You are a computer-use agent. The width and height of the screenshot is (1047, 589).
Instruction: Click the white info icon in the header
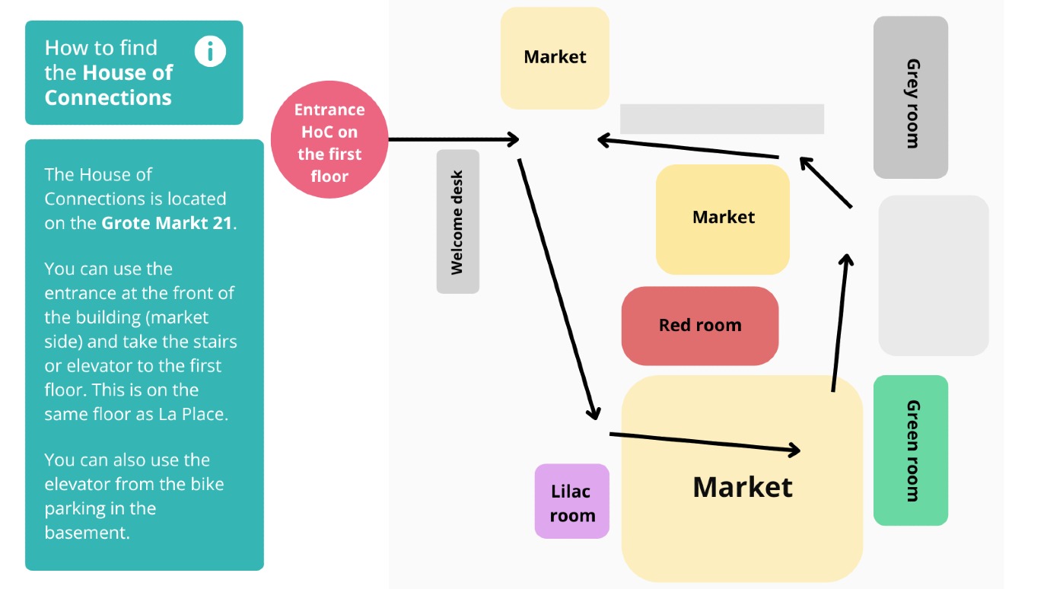(x=210, y=52)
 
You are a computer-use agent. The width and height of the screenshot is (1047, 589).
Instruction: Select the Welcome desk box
(x=457, y=221)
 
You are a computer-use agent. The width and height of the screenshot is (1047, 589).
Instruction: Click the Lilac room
(x=572, y=501)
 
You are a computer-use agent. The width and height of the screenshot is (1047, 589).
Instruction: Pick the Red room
(x=699, y=326)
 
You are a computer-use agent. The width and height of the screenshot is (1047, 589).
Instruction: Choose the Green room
(x=910, y=451)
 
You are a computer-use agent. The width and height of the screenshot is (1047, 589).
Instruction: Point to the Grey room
(x=910, y=98)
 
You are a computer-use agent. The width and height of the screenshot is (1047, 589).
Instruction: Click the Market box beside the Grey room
(x=555, y=58)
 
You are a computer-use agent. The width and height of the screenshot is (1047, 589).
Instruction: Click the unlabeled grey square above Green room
(x=934, y=275)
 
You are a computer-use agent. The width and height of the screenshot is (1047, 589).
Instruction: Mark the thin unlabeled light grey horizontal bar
(x=721, y=119)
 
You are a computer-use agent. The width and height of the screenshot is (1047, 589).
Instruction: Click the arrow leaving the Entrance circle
(x=453, y=139)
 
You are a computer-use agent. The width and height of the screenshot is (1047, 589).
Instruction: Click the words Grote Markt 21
(x=168, y=223)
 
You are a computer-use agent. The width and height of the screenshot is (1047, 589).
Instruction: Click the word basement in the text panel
(x=87, y=533)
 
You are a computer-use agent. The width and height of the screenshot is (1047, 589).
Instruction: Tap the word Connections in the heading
(x=108, y=97)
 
